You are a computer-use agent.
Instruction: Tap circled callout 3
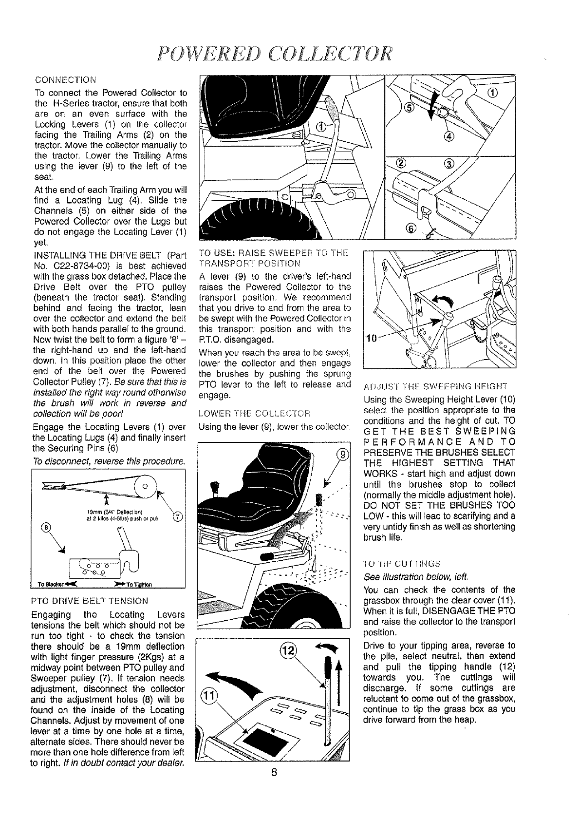[448, 163]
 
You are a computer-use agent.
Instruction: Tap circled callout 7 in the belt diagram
[178, 516]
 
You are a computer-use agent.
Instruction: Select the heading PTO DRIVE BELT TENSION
[89, 601]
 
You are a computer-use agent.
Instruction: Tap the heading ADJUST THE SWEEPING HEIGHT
[435, 387]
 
